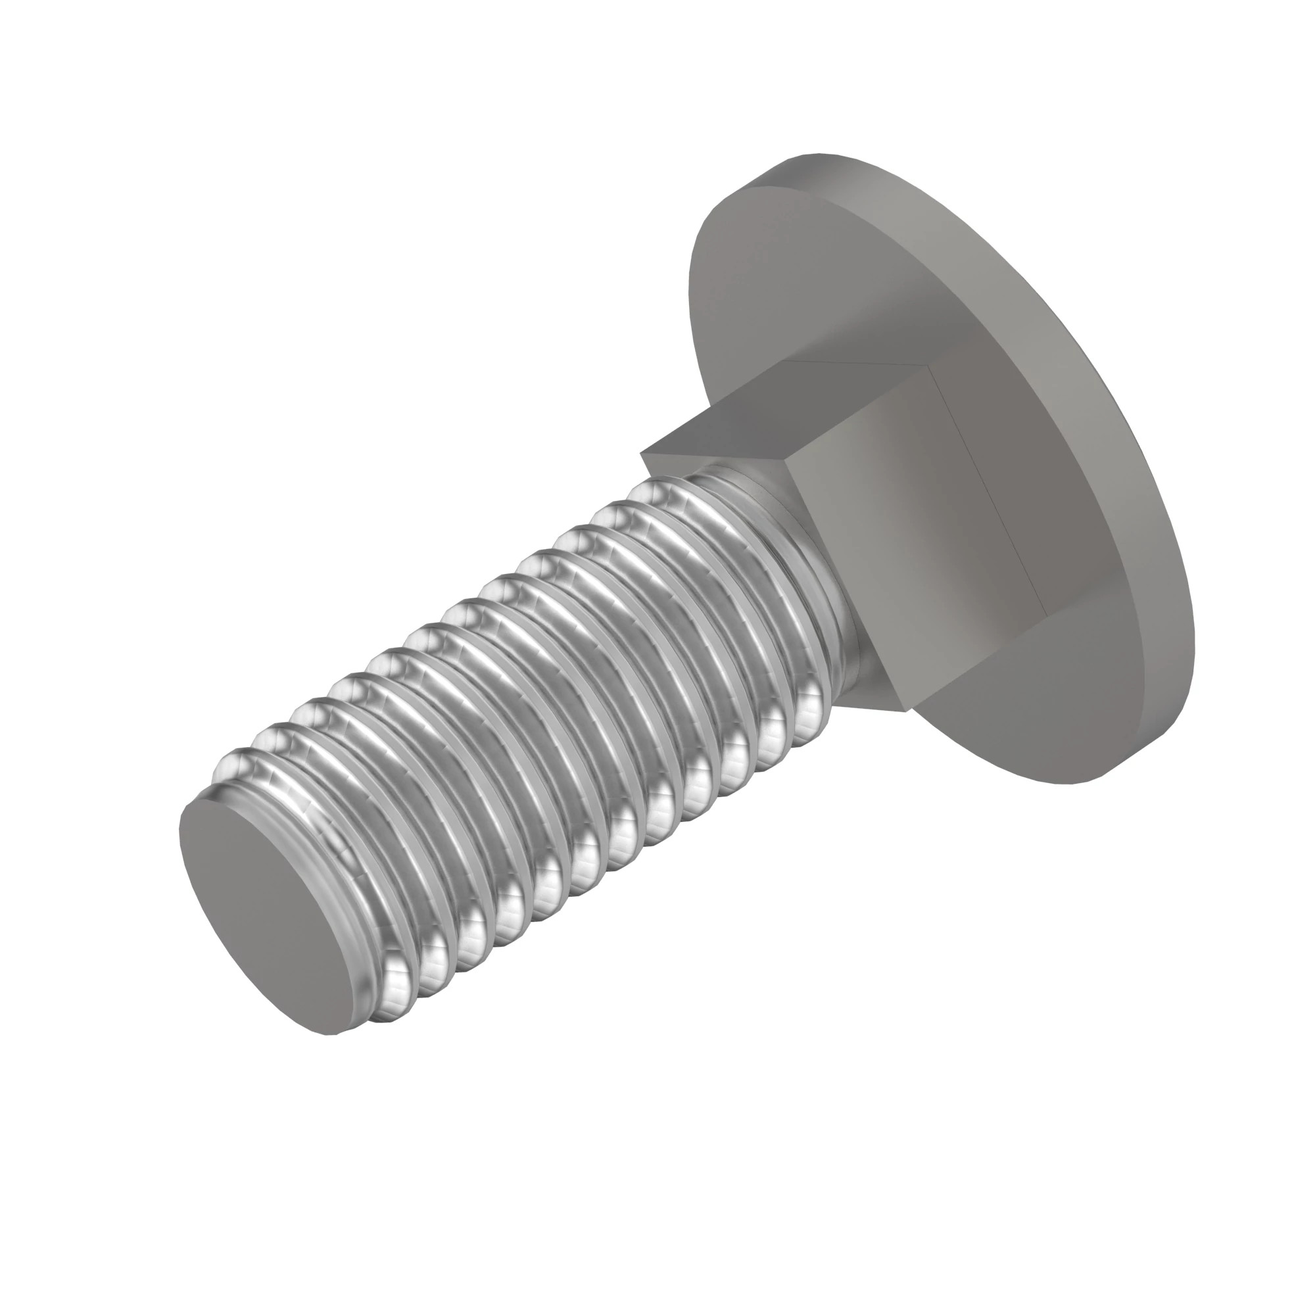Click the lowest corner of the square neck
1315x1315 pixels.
point(907,710)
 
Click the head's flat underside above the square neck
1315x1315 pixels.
point(817,272)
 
